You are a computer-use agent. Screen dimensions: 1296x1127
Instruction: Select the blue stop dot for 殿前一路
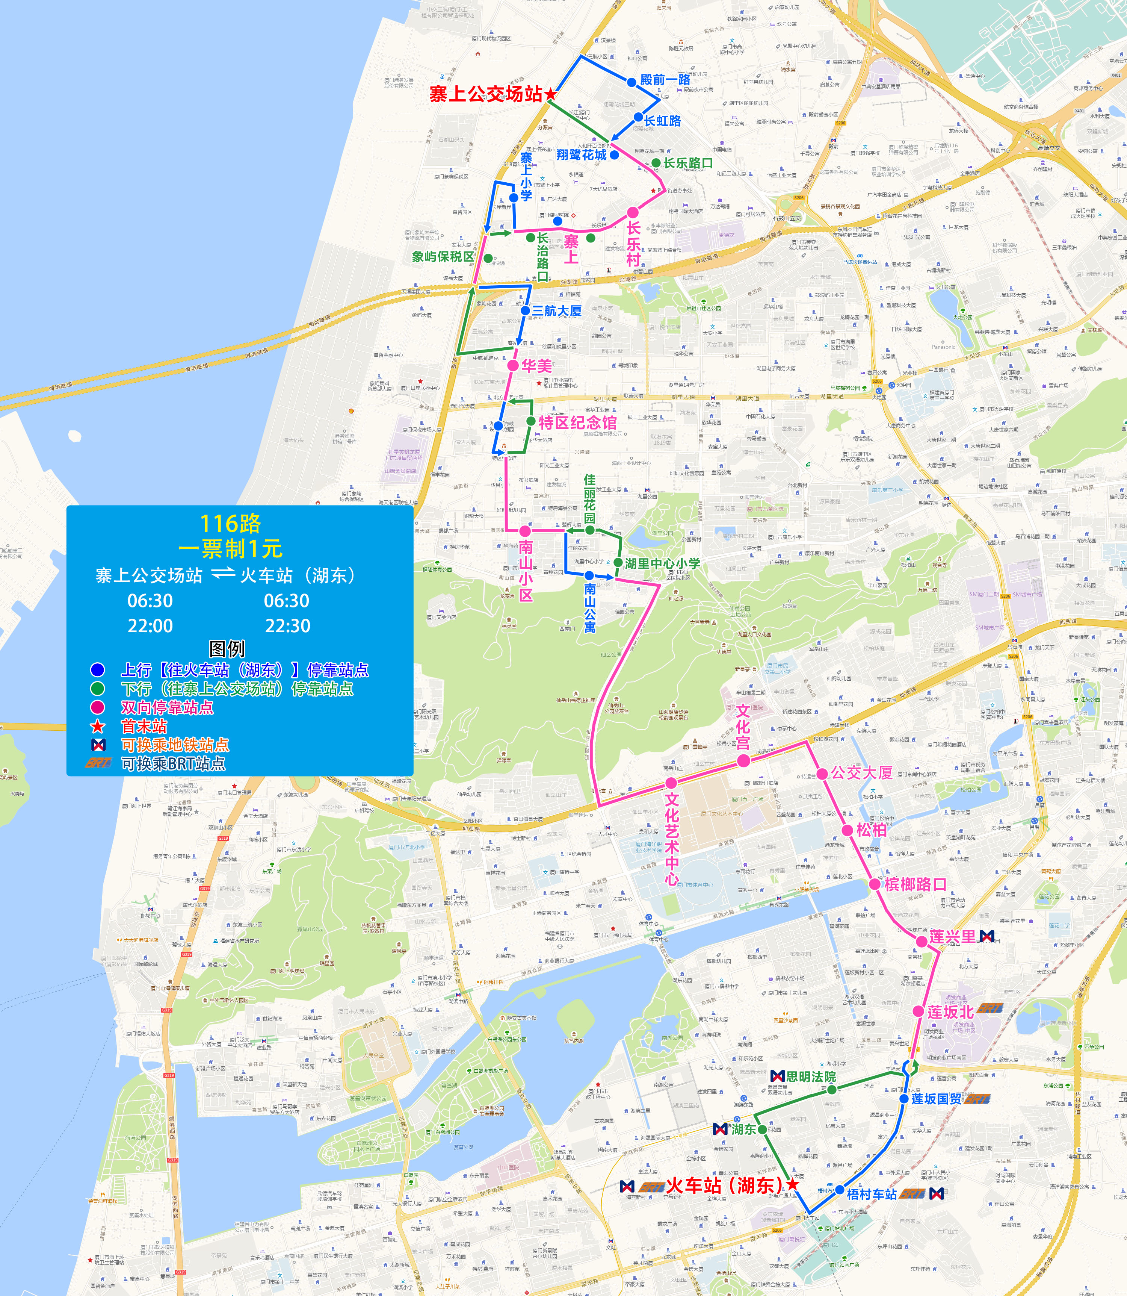pos(631,82)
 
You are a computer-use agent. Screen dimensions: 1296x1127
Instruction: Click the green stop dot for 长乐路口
pos(656,163)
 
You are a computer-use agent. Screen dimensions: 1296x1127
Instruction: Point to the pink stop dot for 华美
pos(513,365)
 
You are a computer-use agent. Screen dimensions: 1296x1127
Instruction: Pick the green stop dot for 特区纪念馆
pos(531,421)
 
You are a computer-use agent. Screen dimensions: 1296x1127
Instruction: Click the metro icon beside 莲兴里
pos(987,937)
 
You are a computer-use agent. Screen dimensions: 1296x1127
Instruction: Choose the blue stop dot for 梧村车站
pos(840,1190)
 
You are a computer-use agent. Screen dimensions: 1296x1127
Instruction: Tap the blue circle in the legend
pos(97,669)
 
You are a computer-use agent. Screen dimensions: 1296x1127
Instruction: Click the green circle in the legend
pos(97,688)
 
